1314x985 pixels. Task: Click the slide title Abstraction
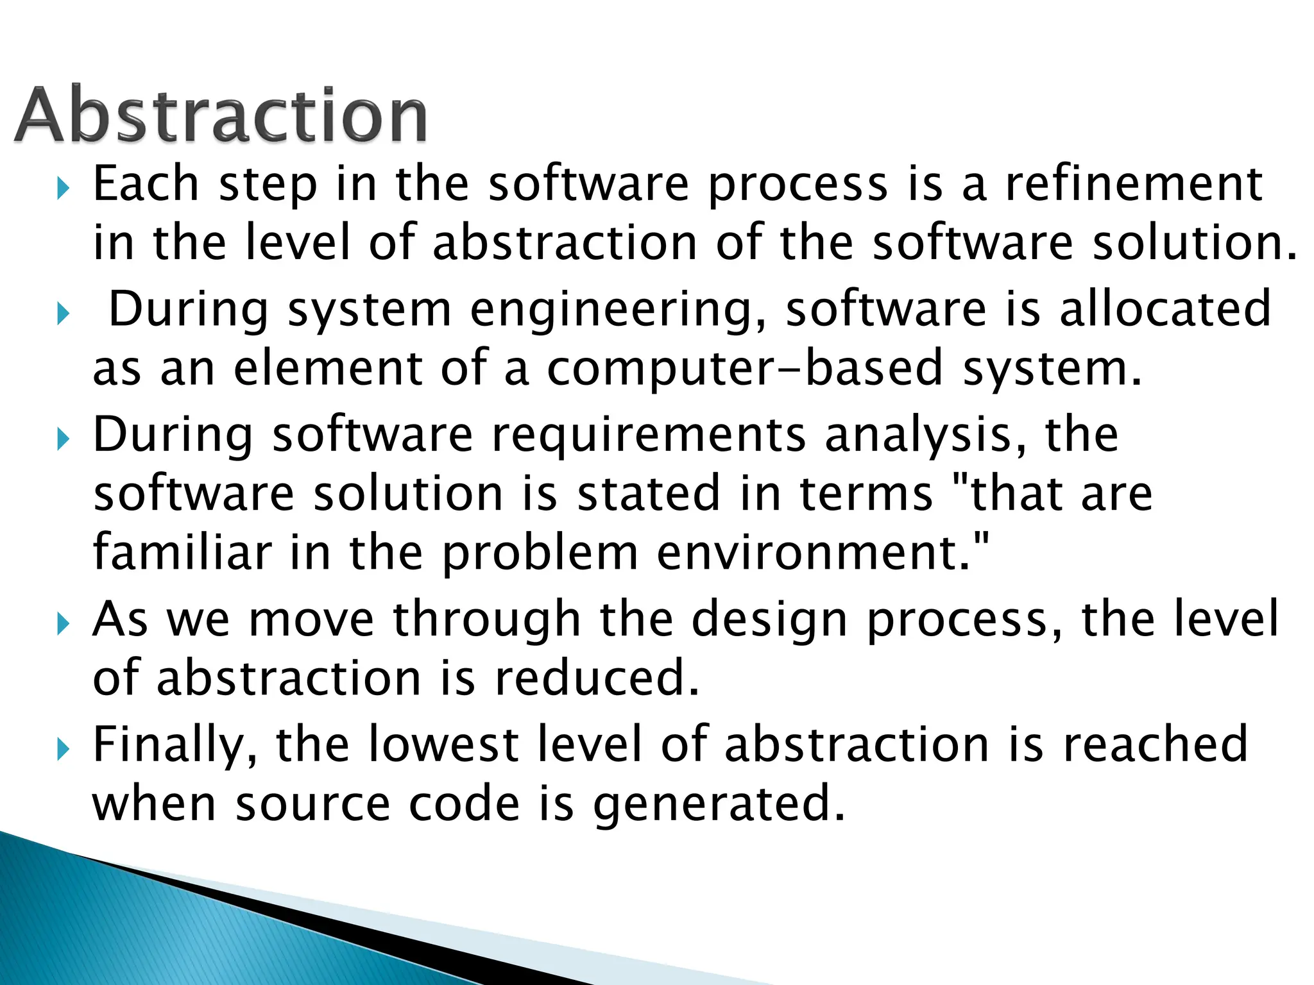point(221,115)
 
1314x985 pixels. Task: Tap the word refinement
point(1134,185)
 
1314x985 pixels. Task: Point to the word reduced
point(597,678)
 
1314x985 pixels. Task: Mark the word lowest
point(444,745)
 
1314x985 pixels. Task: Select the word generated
point(719,805)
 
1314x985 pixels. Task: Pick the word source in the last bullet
point(313,804)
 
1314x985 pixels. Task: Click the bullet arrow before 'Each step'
point(62,189)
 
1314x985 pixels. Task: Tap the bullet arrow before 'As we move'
point(62,623)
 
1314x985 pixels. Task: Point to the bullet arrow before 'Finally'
point(62,748)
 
